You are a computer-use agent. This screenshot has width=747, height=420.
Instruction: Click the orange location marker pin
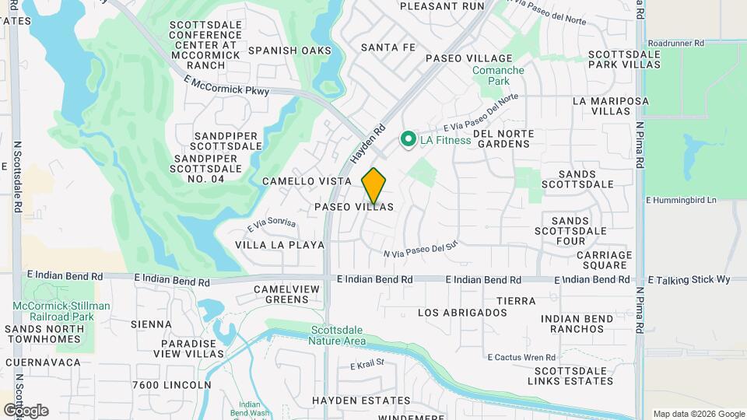click(373, 185)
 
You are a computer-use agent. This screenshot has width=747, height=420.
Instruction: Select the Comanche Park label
click(498, 75)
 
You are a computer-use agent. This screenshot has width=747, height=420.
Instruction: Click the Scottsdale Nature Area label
click(337, 334)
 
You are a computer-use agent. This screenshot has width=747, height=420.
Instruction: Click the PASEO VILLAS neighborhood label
click(354, 207)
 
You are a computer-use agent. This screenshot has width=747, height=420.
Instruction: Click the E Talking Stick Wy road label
click(689, 279)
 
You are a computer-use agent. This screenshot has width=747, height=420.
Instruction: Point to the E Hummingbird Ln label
click(680, 200)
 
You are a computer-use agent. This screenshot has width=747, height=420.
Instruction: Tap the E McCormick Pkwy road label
click(227, 86)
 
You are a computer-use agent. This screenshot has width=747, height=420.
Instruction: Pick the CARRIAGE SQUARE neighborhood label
click(605, 260)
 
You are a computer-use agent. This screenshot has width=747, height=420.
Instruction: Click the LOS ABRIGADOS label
click(462, 313)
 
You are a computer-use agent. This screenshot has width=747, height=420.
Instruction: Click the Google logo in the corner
click(26, 411)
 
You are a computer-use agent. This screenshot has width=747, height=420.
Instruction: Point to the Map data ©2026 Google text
click(697, 414)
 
